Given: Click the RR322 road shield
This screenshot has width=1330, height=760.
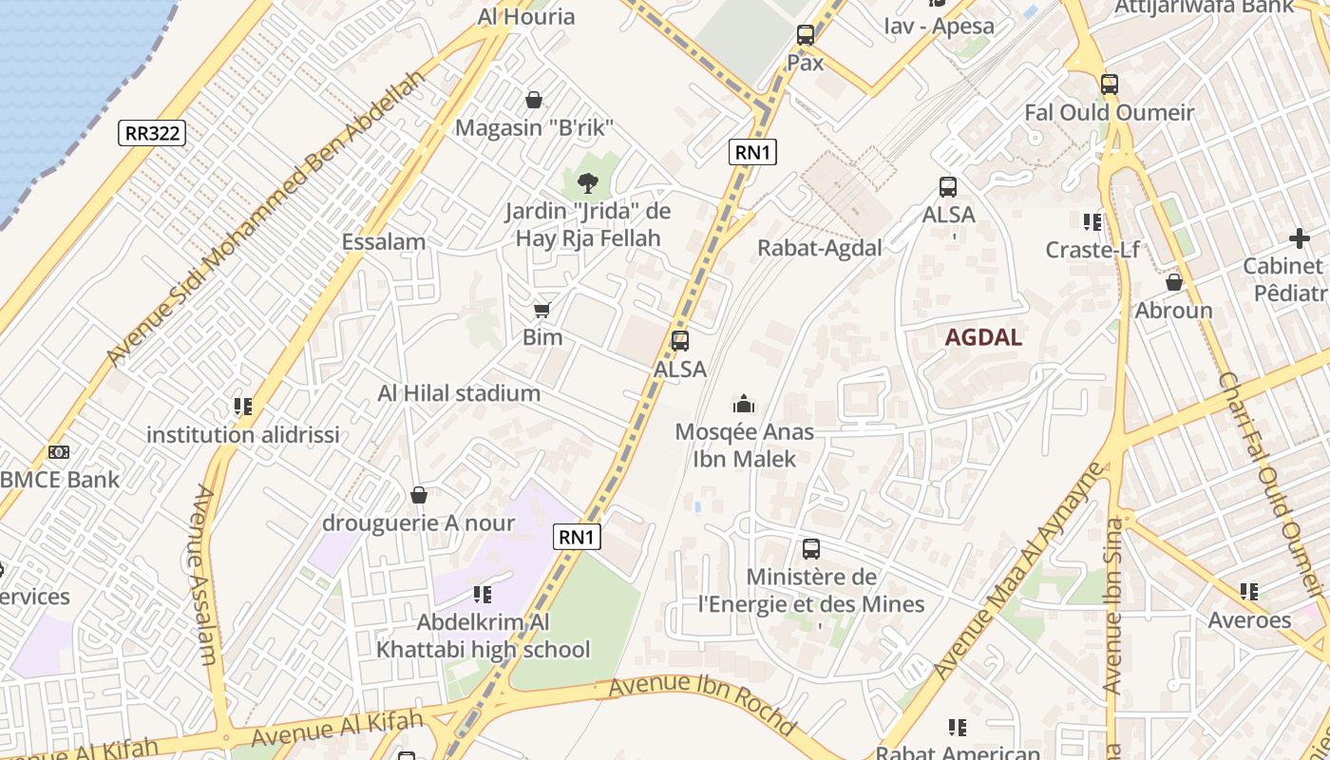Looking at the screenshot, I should [152, 133].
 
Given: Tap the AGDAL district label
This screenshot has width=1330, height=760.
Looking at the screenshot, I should [983, 337].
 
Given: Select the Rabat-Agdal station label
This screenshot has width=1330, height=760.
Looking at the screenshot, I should [819, 248].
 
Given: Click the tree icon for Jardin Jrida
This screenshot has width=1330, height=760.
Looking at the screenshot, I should [587, 182].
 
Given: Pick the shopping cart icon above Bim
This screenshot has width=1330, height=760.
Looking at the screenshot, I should [541, 310].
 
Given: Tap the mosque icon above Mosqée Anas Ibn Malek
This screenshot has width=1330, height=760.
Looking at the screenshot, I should [744, 405].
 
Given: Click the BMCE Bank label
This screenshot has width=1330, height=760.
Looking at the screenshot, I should [61, 480].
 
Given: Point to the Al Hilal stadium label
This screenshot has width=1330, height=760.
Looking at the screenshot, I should [459, 393].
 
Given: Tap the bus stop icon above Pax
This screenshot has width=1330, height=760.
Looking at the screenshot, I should [805, 36].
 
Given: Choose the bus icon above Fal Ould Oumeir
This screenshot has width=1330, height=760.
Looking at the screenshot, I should [1109, 85].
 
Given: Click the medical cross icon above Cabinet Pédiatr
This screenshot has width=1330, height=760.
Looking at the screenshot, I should [1299, 238].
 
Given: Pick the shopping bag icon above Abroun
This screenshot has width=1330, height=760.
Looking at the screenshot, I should [1173, 283].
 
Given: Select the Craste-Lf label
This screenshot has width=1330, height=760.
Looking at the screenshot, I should [1092, 250].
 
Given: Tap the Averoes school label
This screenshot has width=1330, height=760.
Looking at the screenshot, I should [1248, 620].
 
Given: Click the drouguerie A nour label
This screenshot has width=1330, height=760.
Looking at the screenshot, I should [418, 523].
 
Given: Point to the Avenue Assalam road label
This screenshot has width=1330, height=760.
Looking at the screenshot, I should [205, 575].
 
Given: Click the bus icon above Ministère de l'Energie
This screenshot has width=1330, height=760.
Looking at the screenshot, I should [810, 549].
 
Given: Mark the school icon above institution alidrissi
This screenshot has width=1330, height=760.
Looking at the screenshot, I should [242, 408].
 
